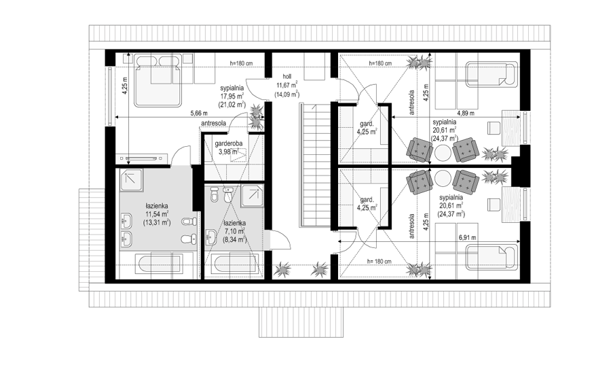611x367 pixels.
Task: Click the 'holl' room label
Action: tap(286, 77)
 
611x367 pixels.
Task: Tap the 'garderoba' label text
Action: tap(229, 143)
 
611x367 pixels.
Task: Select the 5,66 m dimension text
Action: tap(199, 113)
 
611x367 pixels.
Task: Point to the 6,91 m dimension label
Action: tap(467, 237)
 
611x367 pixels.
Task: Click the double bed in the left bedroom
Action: tap(158, 80)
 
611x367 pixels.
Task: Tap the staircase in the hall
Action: tap(314, 165)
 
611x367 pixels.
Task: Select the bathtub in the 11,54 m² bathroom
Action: tap(159, 266)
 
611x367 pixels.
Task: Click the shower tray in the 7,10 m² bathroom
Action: tap(252, 196)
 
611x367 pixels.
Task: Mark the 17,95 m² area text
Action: tap(232, 96)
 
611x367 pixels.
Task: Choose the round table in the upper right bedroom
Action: tap(443, 152)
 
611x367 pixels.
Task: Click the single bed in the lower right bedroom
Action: tap(492, 257)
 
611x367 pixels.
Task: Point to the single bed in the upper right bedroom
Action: tap(492, 73)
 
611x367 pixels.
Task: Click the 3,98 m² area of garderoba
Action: tap(229, 152)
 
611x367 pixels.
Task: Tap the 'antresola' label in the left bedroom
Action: tap(214, 123)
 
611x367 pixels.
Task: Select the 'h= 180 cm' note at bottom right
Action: tap(379, 262)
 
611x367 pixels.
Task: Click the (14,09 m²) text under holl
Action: tap(286, 94)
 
